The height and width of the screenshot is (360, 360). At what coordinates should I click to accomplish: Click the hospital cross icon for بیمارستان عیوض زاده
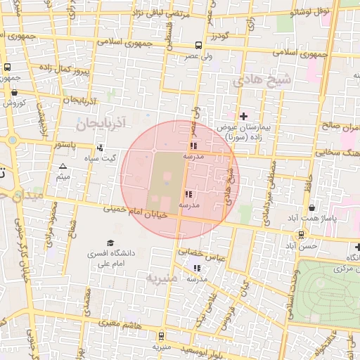pyautogui.click(x=244, y=115)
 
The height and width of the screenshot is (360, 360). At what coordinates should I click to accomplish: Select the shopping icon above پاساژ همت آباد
pyautogui.click(x=311, y=207)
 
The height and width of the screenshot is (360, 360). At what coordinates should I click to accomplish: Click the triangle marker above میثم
pyautogui.click(x=63, y=167)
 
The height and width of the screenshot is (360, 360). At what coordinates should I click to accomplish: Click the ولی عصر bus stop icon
pyautogui.click(x=199, y=45)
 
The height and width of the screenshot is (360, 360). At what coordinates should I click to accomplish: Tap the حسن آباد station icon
pyautogui.click(x=302, y=235)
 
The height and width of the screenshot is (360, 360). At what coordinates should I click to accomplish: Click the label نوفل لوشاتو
pyautogui.click(x=313, y=11)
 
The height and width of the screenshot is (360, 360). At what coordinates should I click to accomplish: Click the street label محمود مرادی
pyautogui.click(x=51, y=225)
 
